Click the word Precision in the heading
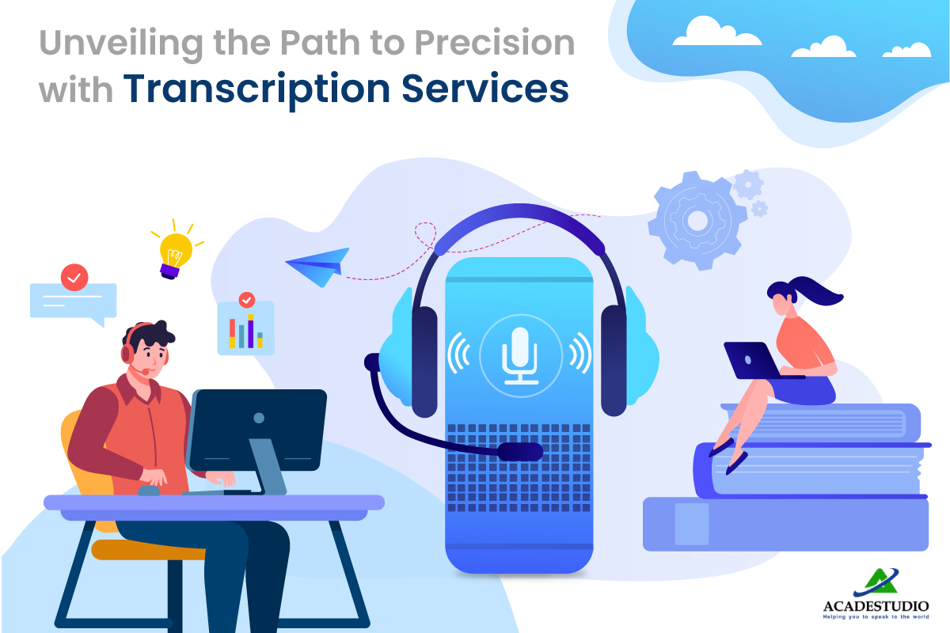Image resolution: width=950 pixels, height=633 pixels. click(495, 43)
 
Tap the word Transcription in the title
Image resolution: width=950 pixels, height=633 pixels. click(256, 90)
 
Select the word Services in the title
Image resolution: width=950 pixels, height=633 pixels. click(485, 88)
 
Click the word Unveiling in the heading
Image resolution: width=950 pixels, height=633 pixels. click(121, 44)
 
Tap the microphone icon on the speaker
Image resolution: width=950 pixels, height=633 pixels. click(520, 355)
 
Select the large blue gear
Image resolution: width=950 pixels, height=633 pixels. click(697, 221)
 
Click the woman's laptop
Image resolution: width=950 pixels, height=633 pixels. click(756, 361)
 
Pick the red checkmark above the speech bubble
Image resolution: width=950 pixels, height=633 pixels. click(74, 278)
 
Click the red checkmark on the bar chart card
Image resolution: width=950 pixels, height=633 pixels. click(247, 300)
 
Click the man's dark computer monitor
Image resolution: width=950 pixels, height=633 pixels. click(257, 430)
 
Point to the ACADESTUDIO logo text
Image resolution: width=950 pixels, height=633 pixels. click(876, 605)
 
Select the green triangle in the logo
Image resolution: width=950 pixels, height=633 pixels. click(881, 581)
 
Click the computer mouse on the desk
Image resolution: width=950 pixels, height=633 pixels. click(150, 491)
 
